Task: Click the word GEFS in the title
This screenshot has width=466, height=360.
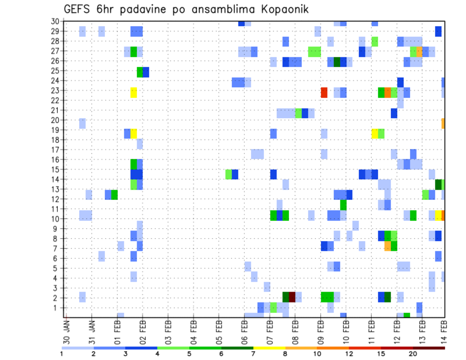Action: point(78,10)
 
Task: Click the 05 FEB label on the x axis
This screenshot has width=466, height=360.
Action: point(219,330)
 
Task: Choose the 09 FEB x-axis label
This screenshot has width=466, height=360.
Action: point(321,330)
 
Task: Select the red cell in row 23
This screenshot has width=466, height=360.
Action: point(324,92)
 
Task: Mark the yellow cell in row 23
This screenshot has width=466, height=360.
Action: point(133,92)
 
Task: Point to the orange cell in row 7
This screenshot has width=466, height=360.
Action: point(387,246)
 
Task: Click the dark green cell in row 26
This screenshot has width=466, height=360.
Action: point(337,62)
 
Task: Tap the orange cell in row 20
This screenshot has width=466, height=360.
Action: point(443,123)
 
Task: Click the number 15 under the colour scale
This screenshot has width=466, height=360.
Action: point(382,353)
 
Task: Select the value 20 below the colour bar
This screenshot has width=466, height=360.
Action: point(413,353)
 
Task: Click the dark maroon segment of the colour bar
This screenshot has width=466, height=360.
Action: point(429,347)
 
